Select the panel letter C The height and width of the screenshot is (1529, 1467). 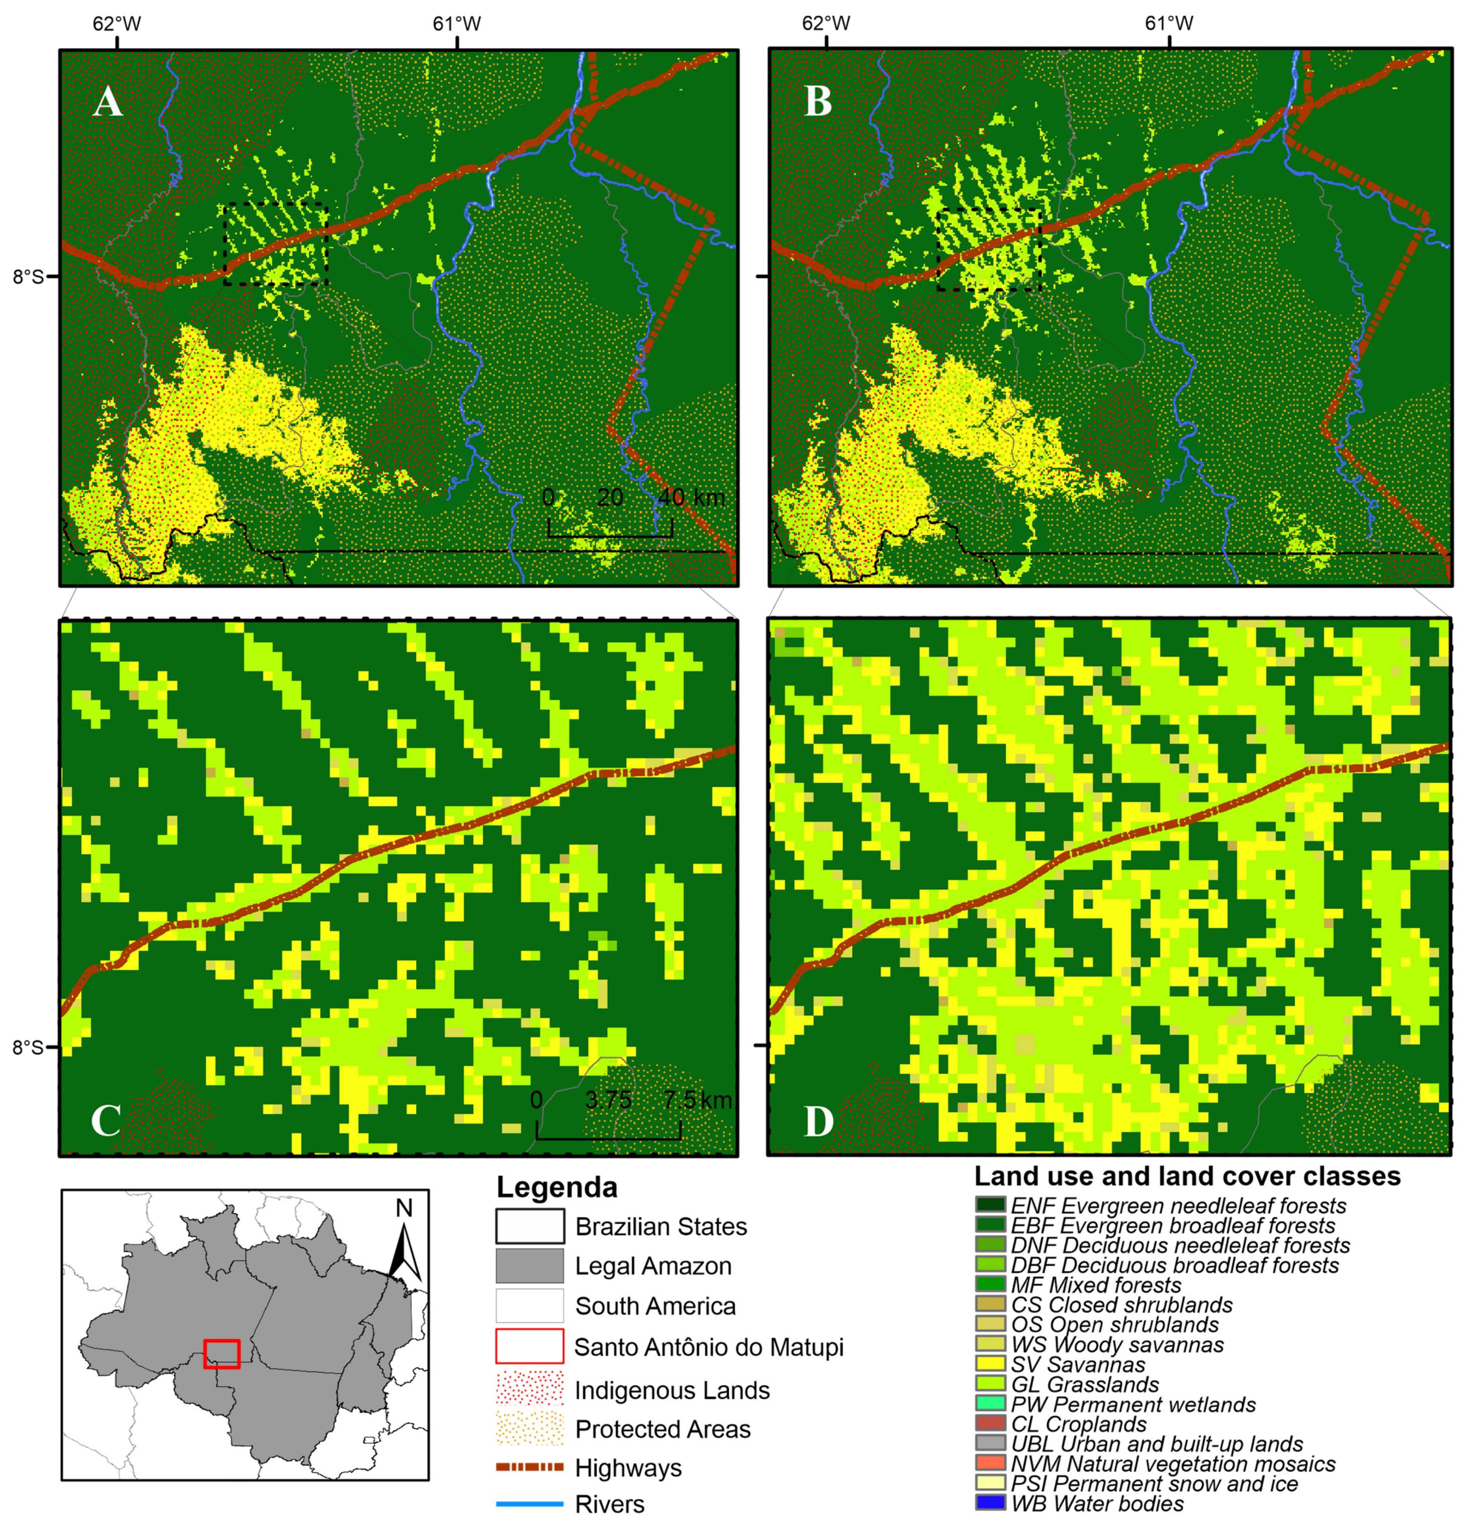(x=105, y=1121)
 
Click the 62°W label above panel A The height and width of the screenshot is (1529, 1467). (x=117, y=24)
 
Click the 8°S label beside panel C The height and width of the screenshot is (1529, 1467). (x=28, y=1047)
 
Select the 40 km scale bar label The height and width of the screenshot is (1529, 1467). (x=690, y=498)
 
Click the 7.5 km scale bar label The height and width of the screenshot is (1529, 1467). (x=698, y=1101)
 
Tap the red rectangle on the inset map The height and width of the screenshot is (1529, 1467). (x=221, y=1353)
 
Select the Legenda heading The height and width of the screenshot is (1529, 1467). (x=557, y=1188)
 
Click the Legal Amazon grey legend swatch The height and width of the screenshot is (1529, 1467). (x=529, y=1266)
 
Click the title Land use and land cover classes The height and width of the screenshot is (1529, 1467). (x=1187, y=1177)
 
